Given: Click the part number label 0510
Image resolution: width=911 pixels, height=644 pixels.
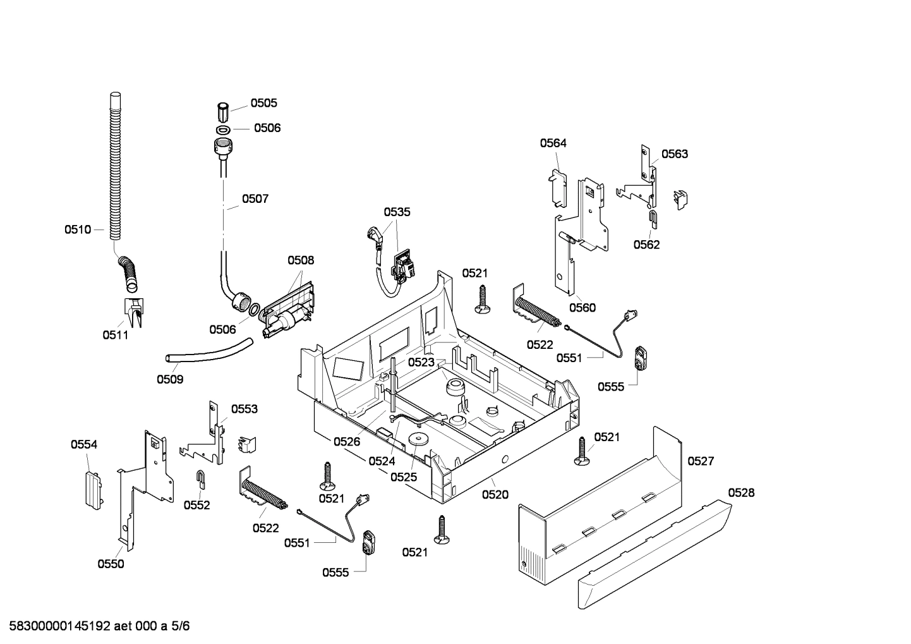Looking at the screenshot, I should coord(77,229).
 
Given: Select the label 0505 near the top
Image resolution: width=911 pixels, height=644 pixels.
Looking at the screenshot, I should coord(263,103).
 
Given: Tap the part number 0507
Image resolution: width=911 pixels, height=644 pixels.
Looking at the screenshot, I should coord(255,198).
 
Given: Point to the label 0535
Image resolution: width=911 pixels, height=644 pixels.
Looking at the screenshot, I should coord(397,212).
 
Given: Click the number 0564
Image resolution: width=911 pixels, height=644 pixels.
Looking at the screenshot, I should coord(553,143).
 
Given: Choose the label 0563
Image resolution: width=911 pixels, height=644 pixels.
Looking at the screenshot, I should coord(675,154).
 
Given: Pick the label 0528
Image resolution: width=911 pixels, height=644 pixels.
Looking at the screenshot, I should coord(741,492).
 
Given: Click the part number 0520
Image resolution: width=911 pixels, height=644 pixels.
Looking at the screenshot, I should coord(495,495).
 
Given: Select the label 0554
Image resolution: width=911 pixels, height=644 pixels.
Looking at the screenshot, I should coord(84,444).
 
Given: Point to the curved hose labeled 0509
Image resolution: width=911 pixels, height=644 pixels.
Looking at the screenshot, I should coord(208,352).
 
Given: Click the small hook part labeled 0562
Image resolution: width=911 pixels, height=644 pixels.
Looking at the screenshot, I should coord(653,219).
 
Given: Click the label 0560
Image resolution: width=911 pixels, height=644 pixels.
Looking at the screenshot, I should coord(582,308).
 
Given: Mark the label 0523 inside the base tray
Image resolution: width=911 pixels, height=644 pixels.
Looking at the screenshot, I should coord(421,362).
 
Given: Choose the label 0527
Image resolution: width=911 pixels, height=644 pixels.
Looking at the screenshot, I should coord(701,461).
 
